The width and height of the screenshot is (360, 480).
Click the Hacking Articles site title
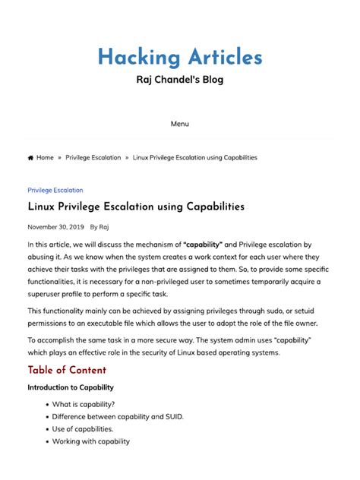[x=180, y=57]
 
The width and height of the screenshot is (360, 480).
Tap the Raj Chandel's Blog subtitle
[x=180, y=81]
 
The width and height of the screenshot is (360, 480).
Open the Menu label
[x=180, y=124]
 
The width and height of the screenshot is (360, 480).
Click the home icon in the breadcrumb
[x=30, y=158]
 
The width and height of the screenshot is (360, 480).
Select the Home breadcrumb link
[x=45, y=158]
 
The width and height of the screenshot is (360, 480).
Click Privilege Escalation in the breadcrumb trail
[x=93, y=158]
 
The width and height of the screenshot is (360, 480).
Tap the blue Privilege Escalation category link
[x=55, y=191]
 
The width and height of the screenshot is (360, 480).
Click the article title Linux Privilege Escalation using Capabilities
[x=136, y=207]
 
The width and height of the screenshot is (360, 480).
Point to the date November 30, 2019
[x=55, y=227]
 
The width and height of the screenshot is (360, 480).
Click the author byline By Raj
[x=99, y=227]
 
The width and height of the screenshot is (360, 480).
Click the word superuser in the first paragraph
[x=48, y=294]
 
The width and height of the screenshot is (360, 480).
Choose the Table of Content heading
[x=67, y=371]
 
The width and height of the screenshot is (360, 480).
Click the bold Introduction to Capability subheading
[x=71, y=388]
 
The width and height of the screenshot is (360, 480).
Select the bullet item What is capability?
[x=84, y=405]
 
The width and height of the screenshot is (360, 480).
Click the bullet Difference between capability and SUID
[x=118, y=417]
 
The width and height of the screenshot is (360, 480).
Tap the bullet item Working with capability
[x=90, y=441]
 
